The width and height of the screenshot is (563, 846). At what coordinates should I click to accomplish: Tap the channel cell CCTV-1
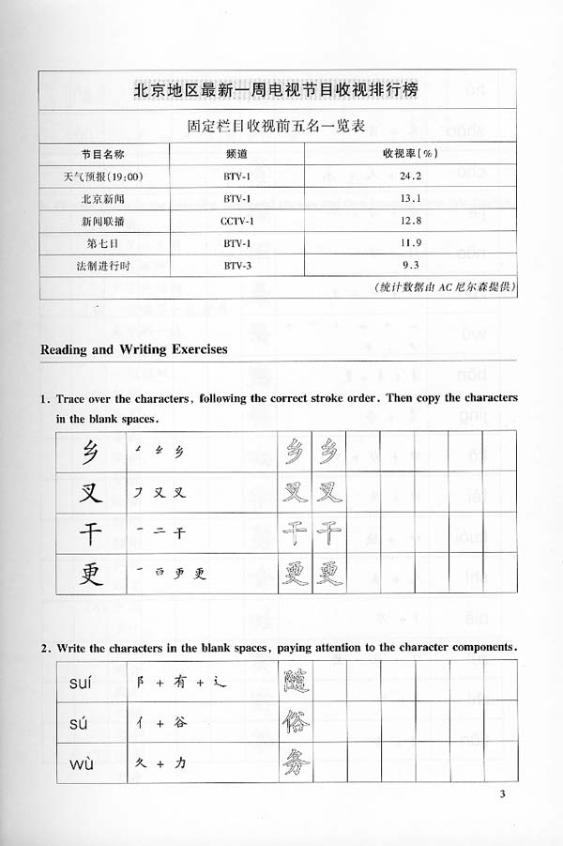pos(236,220)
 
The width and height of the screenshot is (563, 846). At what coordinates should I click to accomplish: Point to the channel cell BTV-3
pos(236,265)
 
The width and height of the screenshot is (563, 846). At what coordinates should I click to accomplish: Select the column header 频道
pos(236,152)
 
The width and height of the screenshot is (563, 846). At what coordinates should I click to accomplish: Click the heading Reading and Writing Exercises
pos(134,349)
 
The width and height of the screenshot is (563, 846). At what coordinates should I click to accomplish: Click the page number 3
pos(503,797)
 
